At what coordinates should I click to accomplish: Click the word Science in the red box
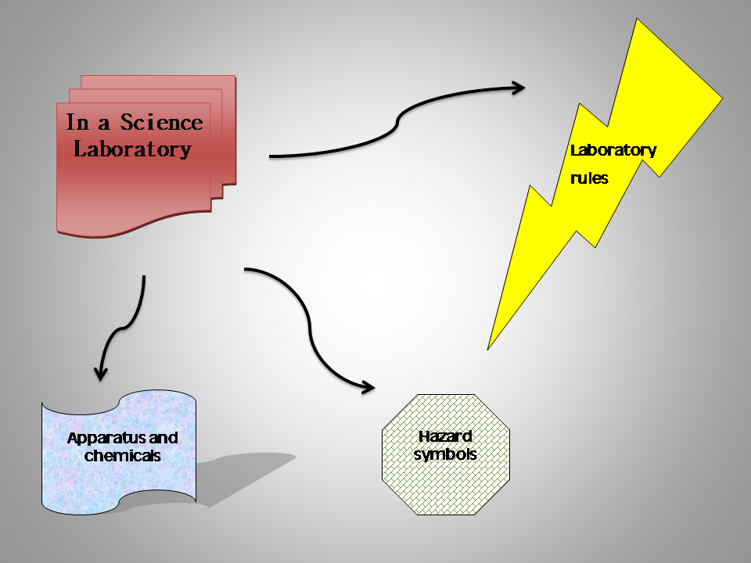pos(160,123)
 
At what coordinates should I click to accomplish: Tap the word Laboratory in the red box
pos(132,149)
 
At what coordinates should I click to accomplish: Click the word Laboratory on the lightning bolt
pos(613,150)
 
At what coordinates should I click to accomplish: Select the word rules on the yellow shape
pos(589,178)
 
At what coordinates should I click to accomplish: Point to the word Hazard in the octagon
pos(445,437)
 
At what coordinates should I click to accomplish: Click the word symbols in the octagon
pos(445,454)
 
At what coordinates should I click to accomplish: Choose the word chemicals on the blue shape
pos(122,455)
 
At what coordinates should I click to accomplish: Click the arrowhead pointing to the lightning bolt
pos(518,87)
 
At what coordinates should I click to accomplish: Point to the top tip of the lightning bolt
pos(640,20)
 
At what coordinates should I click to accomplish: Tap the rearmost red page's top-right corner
pos(234,77)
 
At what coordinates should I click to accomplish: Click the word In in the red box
pos(77,123)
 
